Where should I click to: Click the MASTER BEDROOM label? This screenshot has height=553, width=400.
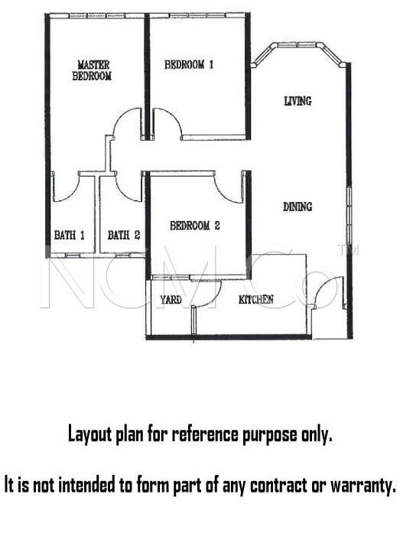coord(92,70)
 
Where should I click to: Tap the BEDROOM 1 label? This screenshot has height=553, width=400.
coord(189,64)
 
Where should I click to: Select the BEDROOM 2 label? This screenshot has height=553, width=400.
coord(195,226)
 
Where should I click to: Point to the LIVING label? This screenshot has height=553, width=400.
coord(298,101)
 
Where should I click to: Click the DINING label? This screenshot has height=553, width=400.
coord(298,207)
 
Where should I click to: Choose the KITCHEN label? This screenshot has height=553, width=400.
coord(256,299)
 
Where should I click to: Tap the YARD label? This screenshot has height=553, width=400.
coord(171,300)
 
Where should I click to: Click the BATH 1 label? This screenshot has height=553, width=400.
coord(69,235)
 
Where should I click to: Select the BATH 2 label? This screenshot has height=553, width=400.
coord(124,235)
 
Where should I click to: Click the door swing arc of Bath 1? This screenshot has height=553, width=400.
coord(73,195)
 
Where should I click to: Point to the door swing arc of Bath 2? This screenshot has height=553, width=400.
coord(122,194)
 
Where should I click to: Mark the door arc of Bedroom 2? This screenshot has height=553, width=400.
coord(223,194)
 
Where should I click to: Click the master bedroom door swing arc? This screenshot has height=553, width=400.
coord(121,117)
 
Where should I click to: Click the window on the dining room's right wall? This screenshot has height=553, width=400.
coord(349,215)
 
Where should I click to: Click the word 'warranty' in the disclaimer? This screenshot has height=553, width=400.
coord(363,486)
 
